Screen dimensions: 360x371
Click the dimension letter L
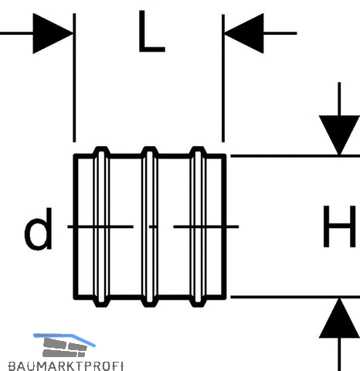(151, 32)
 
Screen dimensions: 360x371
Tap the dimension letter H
(340, 226)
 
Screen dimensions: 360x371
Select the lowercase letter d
(39, 229)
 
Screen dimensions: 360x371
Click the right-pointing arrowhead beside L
(53, 33)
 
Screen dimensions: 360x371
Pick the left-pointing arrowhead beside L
(244, 33)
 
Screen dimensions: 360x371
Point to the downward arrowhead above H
(339, 134)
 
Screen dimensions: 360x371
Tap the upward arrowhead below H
(339, 318)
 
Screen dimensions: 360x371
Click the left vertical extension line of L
(74, 77)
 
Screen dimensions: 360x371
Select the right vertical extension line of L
(223, 78)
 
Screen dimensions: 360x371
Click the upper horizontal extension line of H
(295, 156)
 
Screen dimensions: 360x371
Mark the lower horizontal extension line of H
(295, 297)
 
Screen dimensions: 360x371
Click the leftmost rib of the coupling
(101, 226)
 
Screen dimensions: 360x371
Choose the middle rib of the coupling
(150, 226)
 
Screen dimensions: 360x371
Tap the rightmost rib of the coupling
(198, 226)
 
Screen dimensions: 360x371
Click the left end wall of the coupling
(76, 226)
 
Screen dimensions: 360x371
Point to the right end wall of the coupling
(224, 226)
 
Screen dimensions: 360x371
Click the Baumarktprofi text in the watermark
(66, 366)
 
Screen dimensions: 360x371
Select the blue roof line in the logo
(64, 338)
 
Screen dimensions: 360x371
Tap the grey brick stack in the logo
(64, 348)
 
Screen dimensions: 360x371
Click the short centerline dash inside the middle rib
(153, 226)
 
